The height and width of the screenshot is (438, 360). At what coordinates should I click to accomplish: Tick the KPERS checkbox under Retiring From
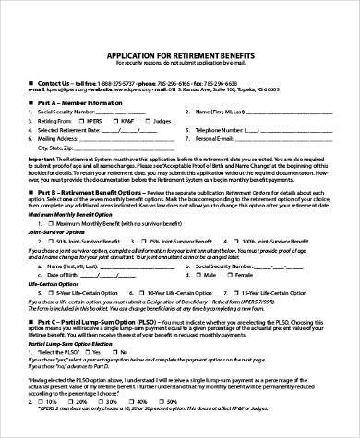tap(85, 119)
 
